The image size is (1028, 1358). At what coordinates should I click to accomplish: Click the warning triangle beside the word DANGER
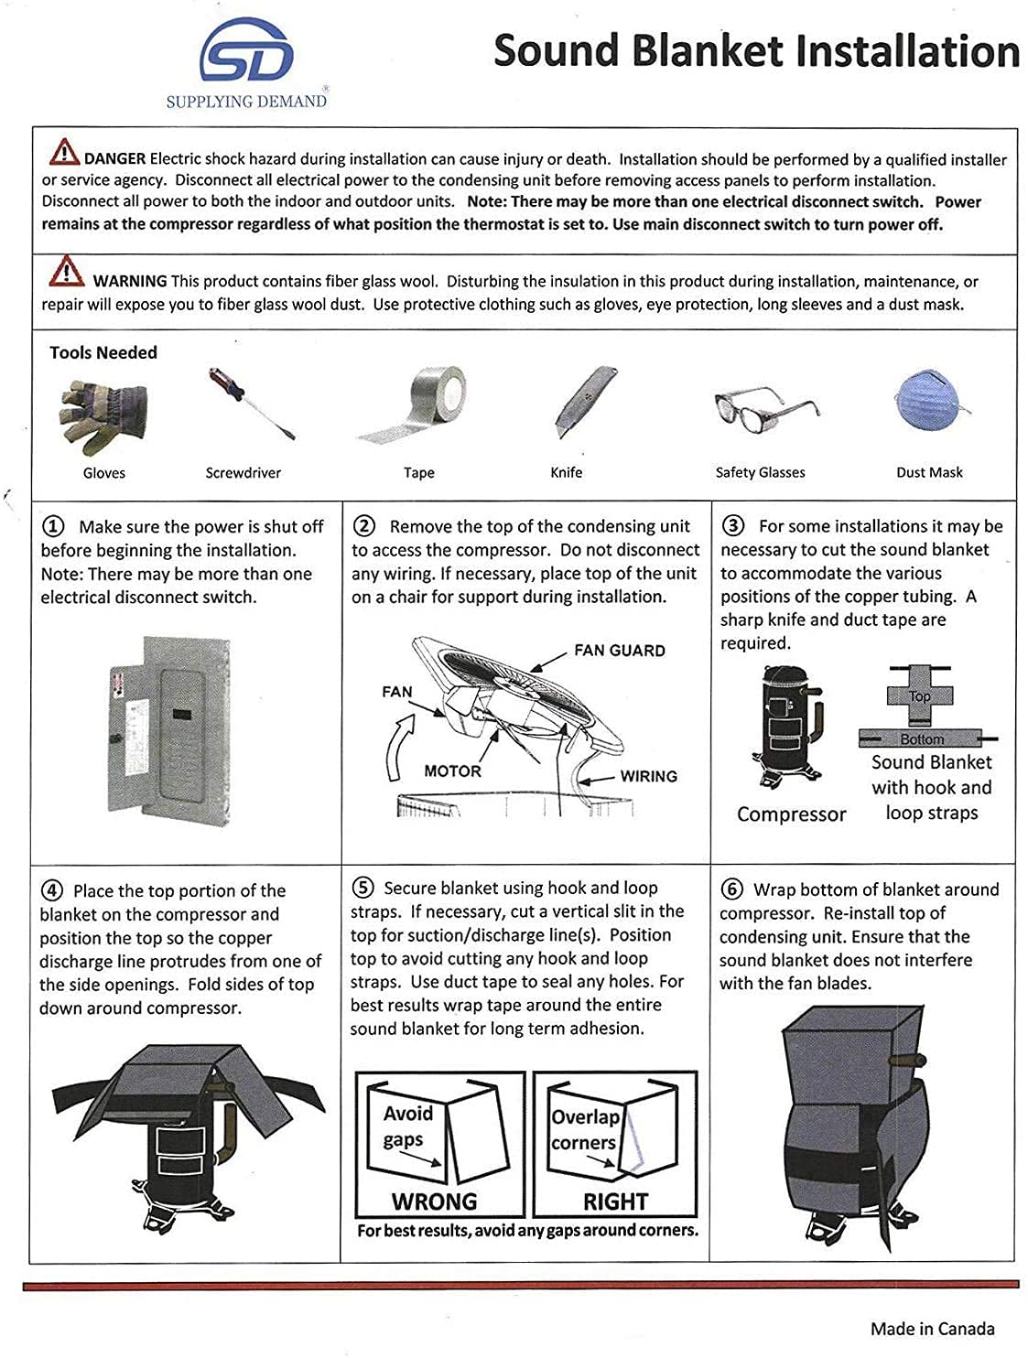coord(64,151)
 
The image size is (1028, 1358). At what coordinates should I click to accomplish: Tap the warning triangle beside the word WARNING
coord(66,272)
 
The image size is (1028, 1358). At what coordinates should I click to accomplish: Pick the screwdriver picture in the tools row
coord(250,404)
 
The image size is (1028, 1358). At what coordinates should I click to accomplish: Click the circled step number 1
coord(54,526)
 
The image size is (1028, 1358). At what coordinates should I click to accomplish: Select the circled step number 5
coord(363,888)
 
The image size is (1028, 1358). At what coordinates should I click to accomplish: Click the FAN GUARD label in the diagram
coord(619,651)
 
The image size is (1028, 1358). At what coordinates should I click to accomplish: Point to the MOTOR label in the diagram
coord(452,771)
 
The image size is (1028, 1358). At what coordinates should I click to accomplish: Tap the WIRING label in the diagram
coord(648,776)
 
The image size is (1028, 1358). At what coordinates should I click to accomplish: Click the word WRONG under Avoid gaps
coord(434,1201)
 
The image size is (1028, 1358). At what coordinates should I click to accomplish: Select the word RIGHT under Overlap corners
coord(615,1201)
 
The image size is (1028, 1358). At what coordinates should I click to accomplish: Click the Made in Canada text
coord(932,1329)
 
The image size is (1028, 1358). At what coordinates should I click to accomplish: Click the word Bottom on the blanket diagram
coord(922,739)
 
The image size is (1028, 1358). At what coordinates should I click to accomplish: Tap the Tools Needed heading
coord(103,352)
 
